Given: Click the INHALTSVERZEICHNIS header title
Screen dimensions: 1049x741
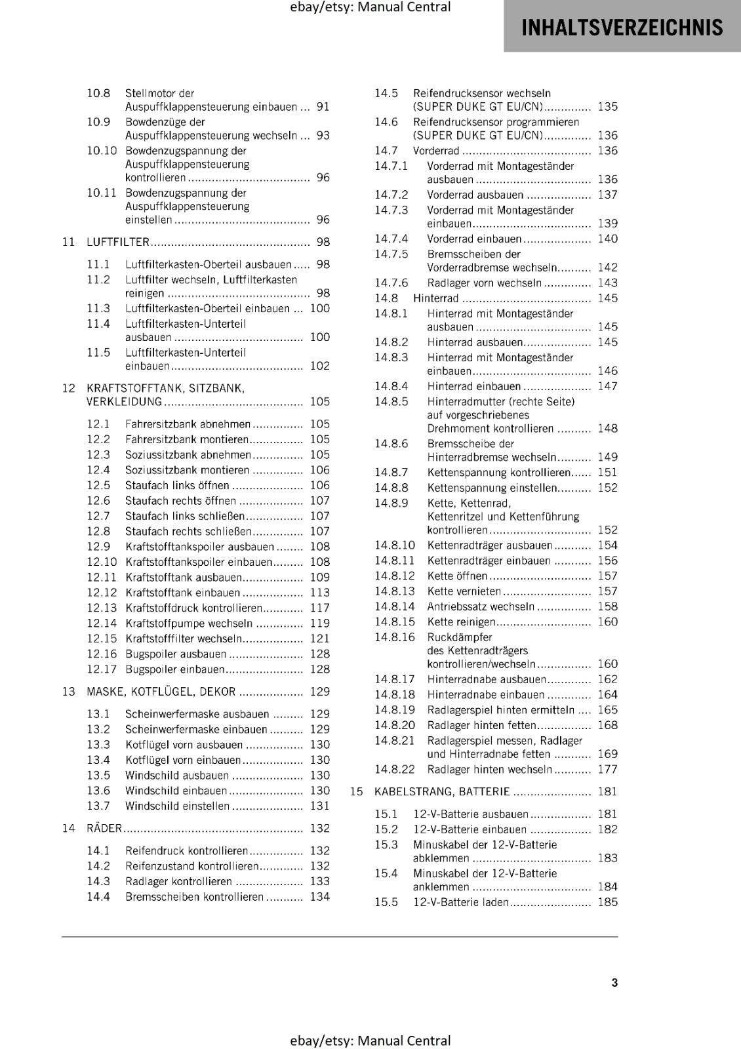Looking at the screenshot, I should pyautogui.click(x=622, y=28).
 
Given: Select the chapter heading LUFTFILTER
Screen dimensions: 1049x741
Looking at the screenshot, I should pyautogui.click(x=118, y=242).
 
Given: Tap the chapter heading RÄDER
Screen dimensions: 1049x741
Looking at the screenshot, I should pyautogui.click(x=104, y=828).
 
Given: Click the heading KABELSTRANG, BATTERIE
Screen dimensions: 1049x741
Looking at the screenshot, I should pyautogui.click(x=442, y=791).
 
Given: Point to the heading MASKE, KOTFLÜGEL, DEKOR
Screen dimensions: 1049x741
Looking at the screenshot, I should pyautogui.click(x=161, y=692).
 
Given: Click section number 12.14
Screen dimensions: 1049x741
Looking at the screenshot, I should pyautogui.click(x=102, y=623).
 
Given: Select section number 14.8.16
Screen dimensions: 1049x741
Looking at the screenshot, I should pyautogui.click(x=395, y=637).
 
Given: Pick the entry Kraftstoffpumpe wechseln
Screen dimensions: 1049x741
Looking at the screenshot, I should pyautogui.click(x=189, y=623).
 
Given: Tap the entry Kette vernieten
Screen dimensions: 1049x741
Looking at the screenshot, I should pyautogui.click(x=464, y=591).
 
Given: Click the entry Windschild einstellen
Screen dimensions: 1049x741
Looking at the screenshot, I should pyautogui.click(x=177, y=806).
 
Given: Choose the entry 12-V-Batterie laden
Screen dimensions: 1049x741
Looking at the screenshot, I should pyautogui.click(x=460, y=902).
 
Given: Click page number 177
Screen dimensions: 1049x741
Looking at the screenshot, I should pyautogui.click(x=607, y=769).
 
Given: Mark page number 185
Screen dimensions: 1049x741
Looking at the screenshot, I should pyautogui.click(x=607, y=902).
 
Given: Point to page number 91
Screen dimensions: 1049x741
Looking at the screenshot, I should pyautogui.click(x=323, y=107).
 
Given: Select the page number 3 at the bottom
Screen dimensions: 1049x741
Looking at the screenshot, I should pyautogui.click(x=614, y=982).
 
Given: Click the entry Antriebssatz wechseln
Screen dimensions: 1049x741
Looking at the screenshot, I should pyautogui.click(x=481, y=606).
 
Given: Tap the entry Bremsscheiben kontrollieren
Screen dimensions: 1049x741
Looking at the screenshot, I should pyautogui.click(x=194, y=897).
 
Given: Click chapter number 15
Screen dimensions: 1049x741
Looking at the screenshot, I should pyautogui.click(x=356, y=791).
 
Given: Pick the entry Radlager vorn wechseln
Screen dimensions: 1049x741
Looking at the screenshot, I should pyautogui.click(x=485, y=283).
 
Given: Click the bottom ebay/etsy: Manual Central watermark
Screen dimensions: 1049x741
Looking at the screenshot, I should pyautogui.click(x=370, y=1040).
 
